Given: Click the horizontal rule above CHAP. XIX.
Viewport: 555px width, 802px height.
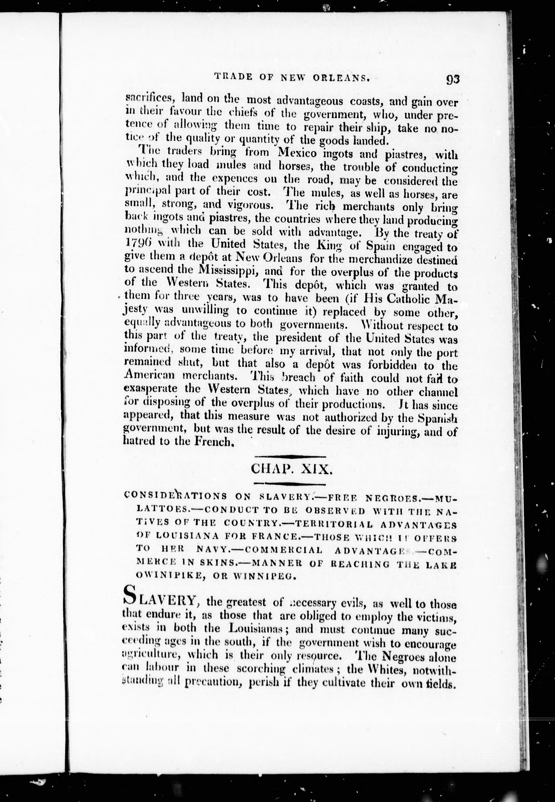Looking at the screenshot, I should click(290, 456).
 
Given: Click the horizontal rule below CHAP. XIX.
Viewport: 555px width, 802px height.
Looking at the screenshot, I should click(290, 484).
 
